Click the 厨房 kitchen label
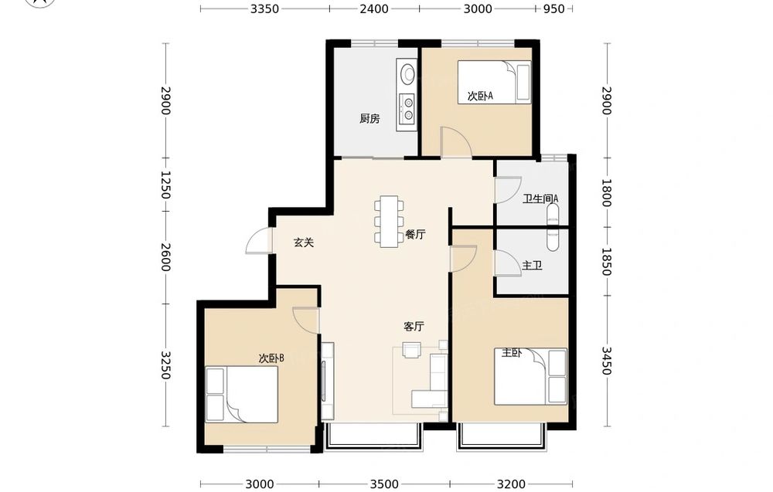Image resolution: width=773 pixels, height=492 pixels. [369, 119]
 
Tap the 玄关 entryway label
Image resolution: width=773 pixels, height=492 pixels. [304, 243]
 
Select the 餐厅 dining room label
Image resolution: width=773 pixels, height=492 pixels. [415, 235]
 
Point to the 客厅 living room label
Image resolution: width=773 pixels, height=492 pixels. [414, 327]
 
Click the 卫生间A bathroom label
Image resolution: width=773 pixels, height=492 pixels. [540, 199]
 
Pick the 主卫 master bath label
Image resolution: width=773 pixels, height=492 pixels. [532, 266]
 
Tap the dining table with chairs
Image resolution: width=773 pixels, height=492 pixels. [389, 221]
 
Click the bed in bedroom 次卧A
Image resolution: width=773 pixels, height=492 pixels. [495, 82]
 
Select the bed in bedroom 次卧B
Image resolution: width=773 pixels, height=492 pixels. [241, 394]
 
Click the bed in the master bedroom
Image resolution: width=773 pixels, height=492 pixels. [530, 377]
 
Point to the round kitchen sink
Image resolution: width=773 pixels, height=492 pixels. [408, 74]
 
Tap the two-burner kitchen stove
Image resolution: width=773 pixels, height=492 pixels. [408, 109]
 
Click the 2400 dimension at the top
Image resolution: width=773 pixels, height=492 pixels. [374, 8]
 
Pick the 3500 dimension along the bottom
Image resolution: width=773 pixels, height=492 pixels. [384, 484]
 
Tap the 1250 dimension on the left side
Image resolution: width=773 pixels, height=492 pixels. [165, 185]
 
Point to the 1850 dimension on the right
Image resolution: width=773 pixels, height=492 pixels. [606, 262]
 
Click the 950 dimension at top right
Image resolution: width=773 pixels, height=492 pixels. [554, 8]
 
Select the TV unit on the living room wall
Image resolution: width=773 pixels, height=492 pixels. [327, 382]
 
